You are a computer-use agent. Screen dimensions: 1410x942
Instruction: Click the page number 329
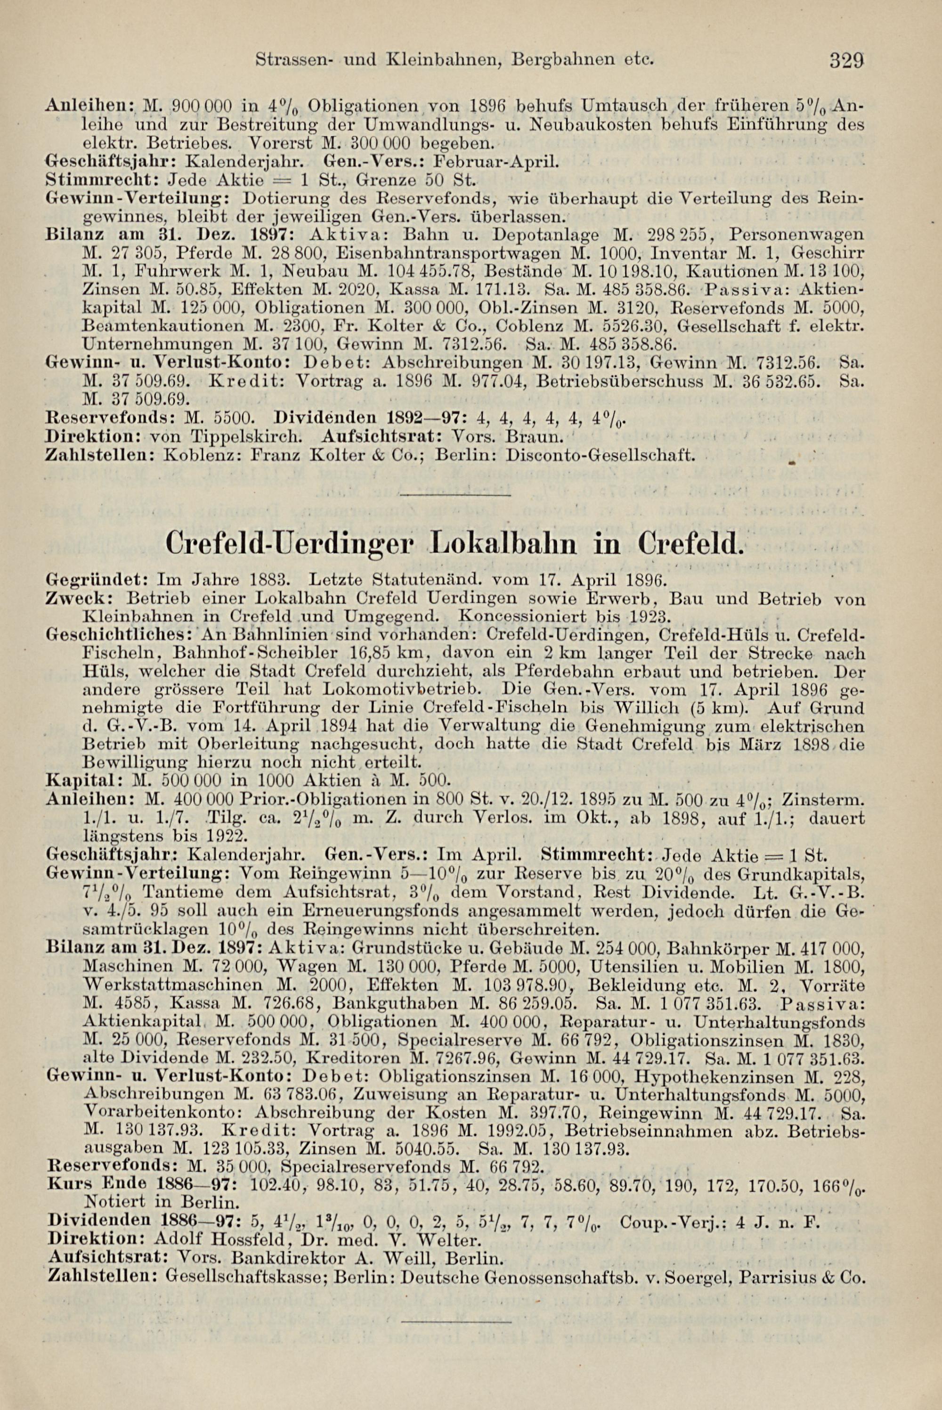pyautogui.click(x=848, y=61)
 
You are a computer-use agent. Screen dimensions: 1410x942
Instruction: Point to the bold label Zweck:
pyautogui.click(x=67, y=599)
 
